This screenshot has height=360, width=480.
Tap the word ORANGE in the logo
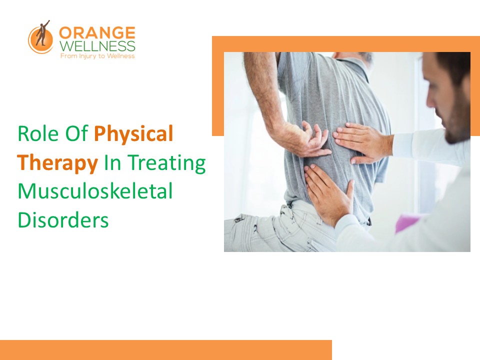tap(97, 33)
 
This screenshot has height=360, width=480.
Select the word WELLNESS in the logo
tap(97, 46)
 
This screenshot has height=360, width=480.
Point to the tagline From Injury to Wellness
tap(97, 56)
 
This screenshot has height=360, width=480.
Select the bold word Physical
tap(133, 134)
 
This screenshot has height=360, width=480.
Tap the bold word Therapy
tap(58, 163)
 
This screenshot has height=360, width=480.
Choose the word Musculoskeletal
tap(95, 192)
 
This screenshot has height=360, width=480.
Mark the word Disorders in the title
tap(63, 220)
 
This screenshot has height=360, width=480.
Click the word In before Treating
tap(111, 163)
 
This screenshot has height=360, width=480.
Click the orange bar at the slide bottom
tap(165, 349)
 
